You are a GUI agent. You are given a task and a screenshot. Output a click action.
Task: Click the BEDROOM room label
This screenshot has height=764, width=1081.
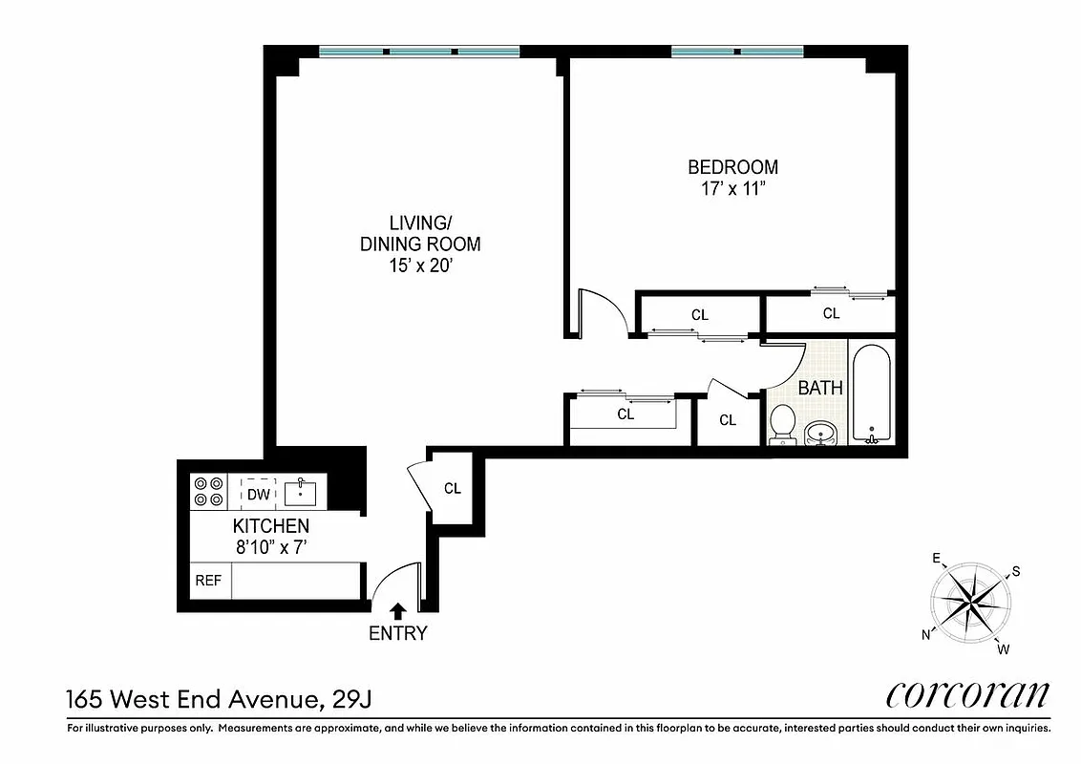732,167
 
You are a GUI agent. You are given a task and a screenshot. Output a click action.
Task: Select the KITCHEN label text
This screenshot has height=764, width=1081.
271,526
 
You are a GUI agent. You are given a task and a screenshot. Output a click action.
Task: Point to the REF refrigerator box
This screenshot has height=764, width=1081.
209,581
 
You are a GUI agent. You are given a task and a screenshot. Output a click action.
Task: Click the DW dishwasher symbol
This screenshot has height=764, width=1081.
258,494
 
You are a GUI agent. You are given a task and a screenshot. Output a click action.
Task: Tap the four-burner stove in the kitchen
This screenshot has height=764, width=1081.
209,491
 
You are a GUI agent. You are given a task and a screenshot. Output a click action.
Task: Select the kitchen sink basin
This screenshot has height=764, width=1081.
300,493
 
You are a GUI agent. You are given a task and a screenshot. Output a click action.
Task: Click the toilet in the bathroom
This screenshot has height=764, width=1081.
783,422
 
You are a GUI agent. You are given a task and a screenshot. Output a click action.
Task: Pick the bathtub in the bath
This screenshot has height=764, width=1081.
870,394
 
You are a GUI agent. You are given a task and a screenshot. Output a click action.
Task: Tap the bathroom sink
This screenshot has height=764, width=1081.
820,434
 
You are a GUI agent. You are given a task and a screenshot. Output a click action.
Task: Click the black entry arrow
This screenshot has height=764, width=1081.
397,610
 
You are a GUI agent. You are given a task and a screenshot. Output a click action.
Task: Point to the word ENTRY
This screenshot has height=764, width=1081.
397,633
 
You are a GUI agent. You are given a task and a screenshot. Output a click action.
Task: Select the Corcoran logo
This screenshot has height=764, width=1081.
968,694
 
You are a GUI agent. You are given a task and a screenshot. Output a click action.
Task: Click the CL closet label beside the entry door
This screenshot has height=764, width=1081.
452,488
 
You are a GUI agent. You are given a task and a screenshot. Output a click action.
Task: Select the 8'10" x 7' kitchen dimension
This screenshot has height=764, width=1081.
271,548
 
